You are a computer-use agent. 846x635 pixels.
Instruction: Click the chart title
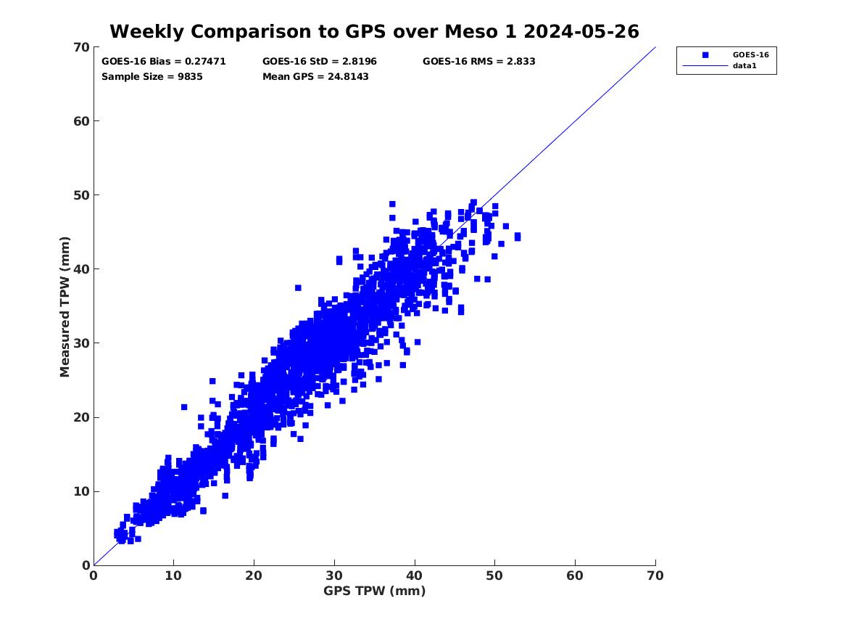pos(374,31)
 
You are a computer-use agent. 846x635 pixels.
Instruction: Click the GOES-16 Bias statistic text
pos(164,62)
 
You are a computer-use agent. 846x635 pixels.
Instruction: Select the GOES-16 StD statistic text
pos(320,62)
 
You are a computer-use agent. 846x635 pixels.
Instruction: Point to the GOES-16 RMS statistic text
pos(479,62)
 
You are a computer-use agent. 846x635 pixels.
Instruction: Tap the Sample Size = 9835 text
pos(152,76)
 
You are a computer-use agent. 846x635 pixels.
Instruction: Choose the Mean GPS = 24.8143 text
pos(315,76)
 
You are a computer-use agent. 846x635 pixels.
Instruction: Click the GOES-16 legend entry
pos(750,54)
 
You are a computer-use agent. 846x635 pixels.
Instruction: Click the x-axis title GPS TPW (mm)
pos(374,591)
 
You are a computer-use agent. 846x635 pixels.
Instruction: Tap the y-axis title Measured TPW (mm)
pos(65,306)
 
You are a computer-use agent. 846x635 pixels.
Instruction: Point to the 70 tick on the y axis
pos(80,48)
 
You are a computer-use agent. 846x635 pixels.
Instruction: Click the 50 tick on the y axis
pos(80,195)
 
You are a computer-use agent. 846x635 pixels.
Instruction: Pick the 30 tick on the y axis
pos(80,343)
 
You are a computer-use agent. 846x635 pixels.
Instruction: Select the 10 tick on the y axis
pos(80,491)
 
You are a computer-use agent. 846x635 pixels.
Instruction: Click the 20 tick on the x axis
pos(254,575)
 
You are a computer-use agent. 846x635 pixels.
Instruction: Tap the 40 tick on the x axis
pos(415,575)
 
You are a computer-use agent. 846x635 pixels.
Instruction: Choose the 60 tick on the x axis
pos(576,575)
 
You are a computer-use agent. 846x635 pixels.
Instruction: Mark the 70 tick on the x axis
pos(655,575)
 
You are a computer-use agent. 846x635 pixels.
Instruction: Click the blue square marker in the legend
pos(705,54)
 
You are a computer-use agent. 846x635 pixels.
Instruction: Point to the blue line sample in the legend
pos(705,66)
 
